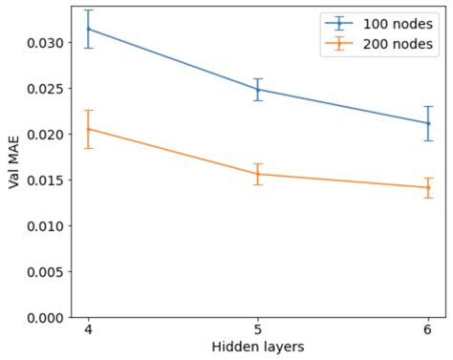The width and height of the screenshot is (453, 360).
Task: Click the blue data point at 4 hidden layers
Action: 89,29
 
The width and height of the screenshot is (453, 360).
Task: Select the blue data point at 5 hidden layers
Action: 258,90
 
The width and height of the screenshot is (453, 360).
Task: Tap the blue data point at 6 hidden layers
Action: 427,123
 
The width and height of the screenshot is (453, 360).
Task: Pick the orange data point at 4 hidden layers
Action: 89,129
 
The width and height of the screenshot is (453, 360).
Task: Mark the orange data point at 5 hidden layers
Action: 258,174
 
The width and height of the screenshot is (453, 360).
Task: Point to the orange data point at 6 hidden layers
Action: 427,187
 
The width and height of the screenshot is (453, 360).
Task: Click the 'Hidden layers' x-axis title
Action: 258,348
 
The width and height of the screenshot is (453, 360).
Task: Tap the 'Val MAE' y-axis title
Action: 13,162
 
